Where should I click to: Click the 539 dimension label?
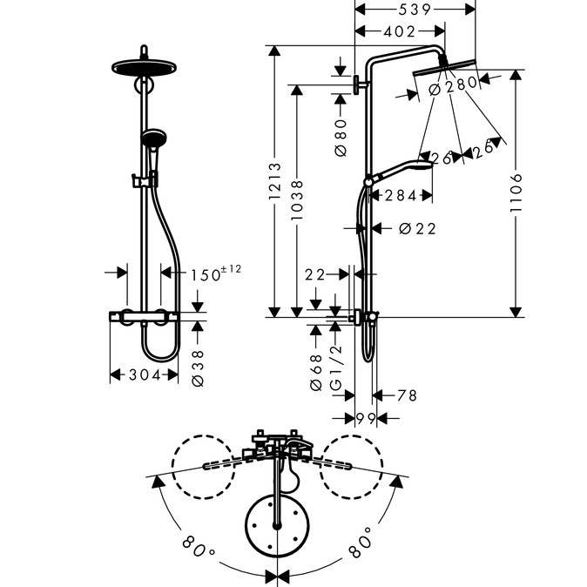click(415, 10)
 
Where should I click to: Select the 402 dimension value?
click(400, 32)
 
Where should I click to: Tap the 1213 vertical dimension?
click(275, 181)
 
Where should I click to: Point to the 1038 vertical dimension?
click(297, 200)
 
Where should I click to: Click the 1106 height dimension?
click(516, 192)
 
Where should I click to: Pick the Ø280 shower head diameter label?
click(453, 86)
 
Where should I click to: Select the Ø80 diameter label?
click(341, 138)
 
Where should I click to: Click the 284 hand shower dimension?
click(401, 195)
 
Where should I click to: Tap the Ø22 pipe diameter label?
click(417, 228)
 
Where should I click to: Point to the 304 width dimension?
click(145, 374)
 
